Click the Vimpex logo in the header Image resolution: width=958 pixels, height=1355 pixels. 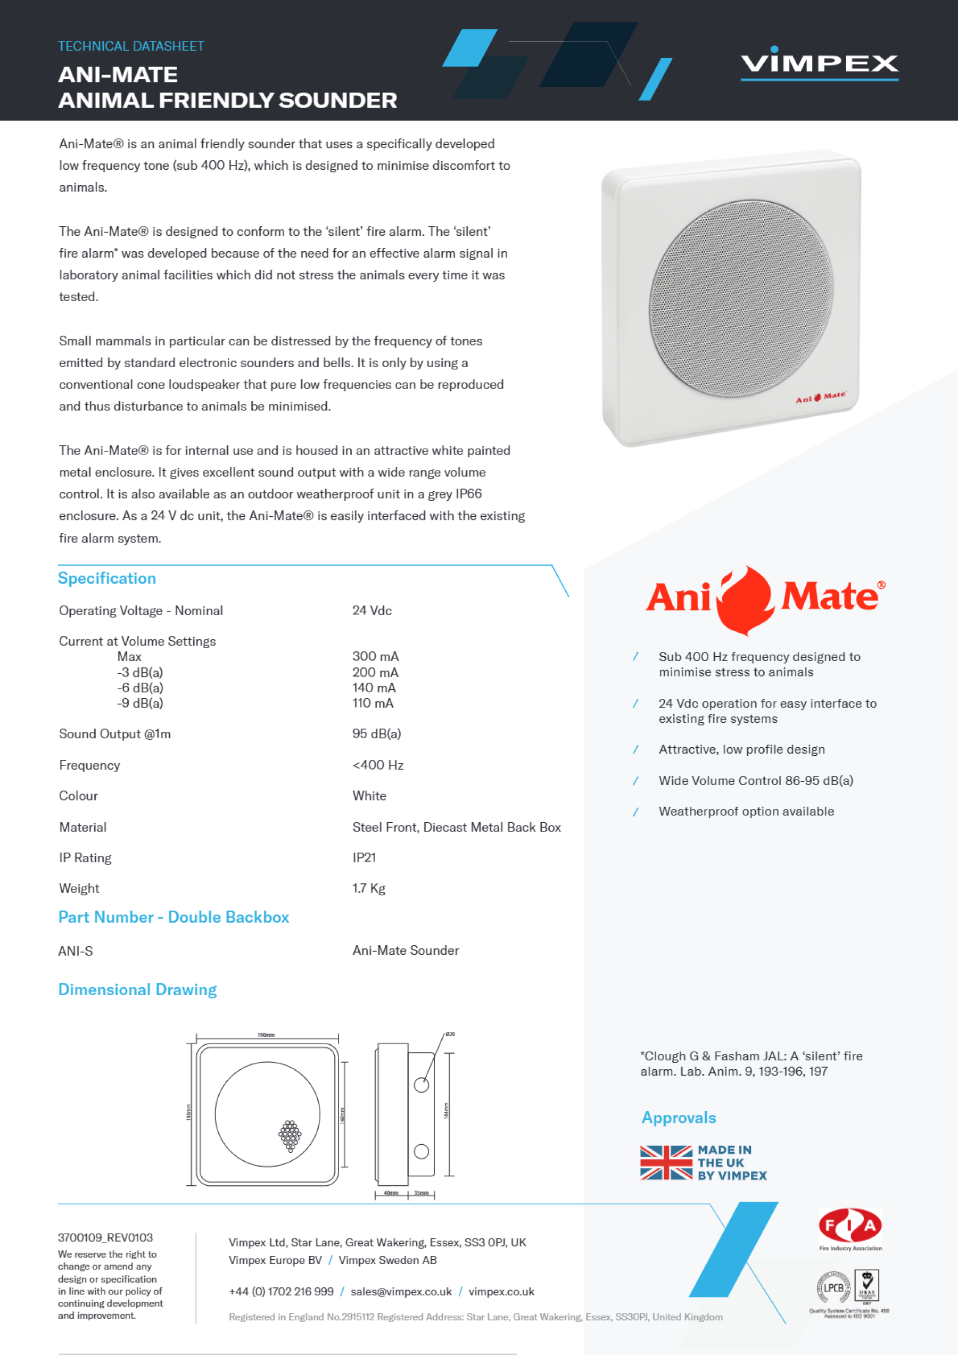point(819,63)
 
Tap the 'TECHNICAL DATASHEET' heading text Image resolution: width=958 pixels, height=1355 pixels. point(131,46)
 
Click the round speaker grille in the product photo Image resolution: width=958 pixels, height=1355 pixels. point(741,298)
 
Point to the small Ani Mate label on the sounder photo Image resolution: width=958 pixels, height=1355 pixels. point(821,397)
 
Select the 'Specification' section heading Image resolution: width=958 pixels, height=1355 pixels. point(107,579)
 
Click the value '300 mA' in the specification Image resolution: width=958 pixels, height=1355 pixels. point(375,656)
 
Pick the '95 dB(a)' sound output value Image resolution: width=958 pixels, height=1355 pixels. point(377,733)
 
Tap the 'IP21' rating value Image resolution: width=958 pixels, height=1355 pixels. point(364,857)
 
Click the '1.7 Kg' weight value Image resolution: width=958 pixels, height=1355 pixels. point(369,888)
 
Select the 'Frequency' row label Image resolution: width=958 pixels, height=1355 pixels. point(89,765)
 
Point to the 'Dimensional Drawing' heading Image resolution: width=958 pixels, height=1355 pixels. point(137,990)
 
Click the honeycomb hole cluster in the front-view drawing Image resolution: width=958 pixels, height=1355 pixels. point(290,1135)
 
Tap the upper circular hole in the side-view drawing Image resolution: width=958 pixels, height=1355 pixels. point(422,1085)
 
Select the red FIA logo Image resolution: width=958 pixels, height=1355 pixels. point(850,1225)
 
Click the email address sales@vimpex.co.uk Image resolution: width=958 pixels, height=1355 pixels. point(401,1291)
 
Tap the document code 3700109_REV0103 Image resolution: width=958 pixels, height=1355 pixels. point(105,1237)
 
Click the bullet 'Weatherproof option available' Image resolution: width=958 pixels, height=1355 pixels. point(746,812)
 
